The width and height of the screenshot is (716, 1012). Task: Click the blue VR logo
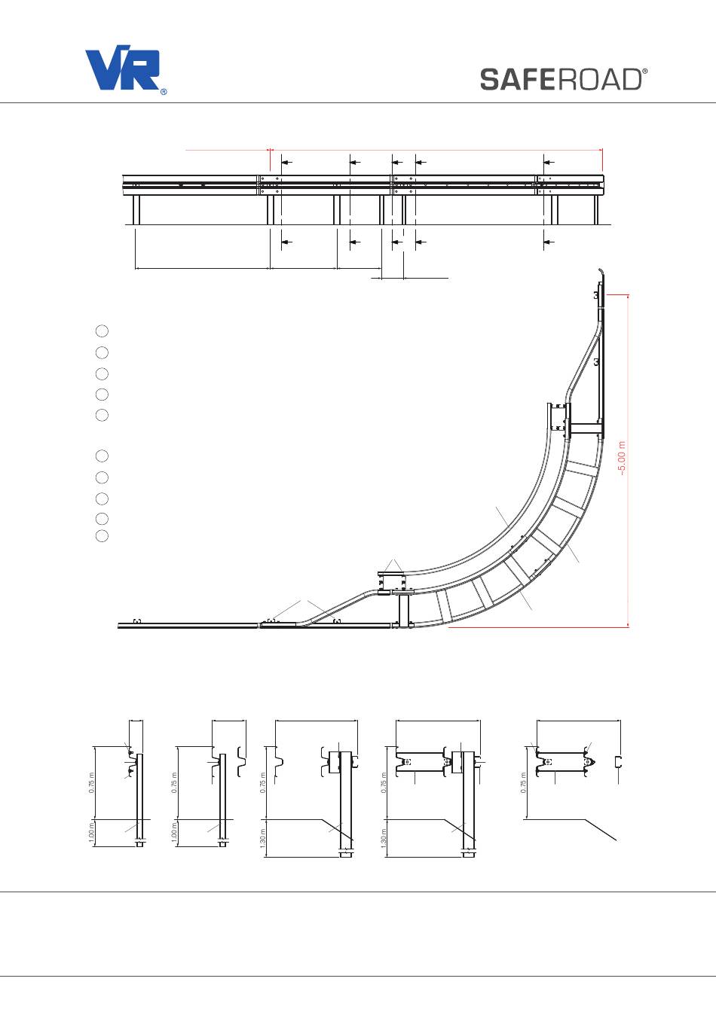point(122,67)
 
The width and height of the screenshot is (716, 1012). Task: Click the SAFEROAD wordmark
point(561,80)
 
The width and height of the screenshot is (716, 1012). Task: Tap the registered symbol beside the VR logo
point(164,92)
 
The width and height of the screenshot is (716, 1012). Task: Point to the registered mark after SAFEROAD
point(644,72)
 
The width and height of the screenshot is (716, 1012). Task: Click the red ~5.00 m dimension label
point(623,458)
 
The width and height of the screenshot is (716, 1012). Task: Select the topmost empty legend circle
point(103,331)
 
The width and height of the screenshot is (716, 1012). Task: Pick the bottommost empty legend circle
point(103,536)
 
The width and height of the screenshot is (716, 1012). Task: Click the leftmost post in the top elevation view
point(136,209)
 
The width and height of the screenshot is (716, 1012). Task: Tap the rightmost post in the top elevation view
point(596,209)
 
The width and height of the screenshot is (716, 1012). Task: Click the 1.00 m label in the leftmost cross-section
point(91,833)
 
